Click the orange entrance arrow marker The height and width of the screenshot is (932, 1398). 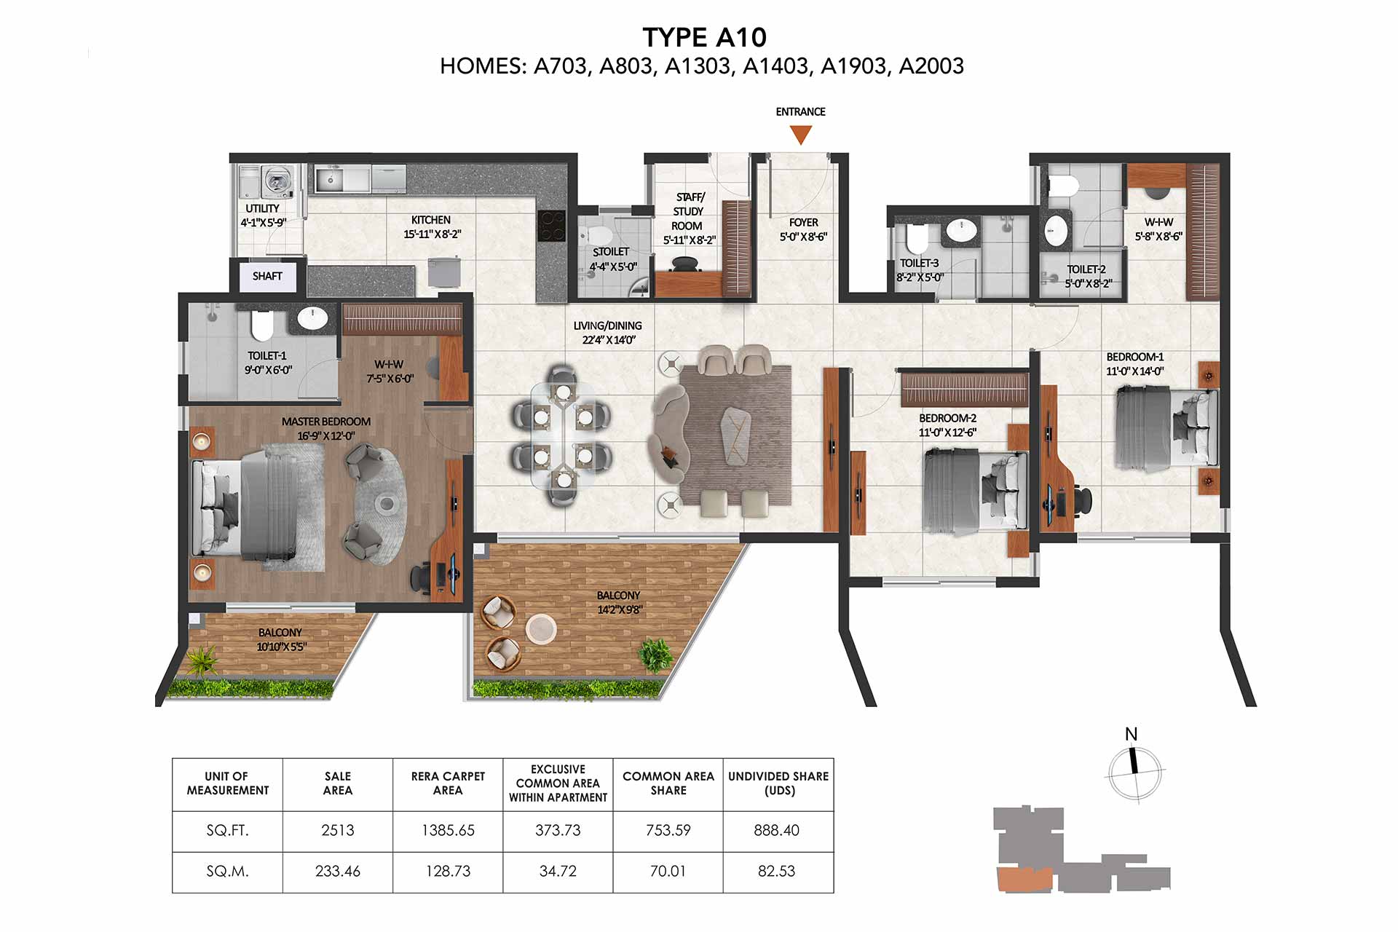tap(801, 134)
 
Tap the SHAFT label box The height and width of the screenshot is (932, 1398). tap(267, 276)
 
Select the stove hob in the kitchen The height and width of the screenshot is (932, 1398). tap(551, 226)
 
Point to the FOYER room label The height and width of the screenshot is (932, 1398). tap(803, 222)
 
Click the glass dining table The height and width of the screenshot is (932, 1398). tap(562, 435)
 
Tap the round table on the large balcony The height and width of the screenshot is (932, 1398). tap(541, 629)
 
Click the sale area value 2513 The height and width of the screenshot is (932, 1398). tap(338, 830)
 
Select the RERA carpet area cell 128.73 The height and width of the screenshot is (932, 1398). tap(448, 871)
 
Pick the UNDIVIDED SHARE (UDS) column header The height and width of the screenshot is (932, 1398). tap(778, 783)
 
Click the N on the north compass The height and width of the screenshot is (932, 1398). tap(1131, 734)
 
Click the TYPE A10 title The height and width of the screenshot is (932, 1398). tap(704, 37)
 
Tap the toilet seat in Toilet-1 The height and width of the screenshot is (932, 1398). tap(261, 325)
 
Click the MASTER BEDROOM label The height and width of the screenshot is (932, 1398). tap(326, 422)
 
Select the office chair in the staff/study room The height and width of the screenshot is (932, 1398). tap(685, 264)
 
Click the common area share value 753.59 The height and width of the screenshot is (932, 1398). tap(668, 830)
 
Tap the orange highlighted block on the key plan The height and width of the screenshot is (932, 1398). tap(1024, 880)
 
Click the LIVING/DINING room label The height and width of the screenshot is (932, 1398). tap(607, 325)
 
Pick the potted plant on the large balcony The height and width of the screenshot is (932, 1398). tap(656, 654)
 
